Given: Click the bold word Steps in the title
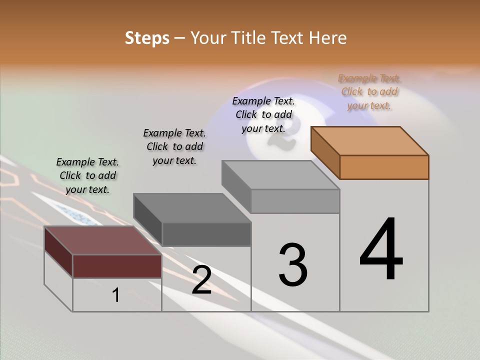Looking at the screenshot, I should pos(147,38).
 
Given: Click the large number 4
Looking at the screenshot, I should pos(381,250).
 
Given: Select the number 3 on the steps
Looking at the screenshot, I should pos(292,265).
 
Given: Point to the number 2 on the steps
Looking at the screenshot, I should pos(201,280).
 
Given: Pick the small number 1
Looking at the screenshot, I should pos(116,295).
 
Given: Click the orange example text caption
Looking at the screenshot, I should pos(369,92).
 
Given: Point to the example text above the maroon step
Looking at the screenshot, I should pos(87,175).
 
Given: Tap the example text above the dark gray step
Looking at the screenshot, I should pos(174,146).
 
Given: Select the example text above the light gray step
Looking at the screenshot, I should pos(263,114).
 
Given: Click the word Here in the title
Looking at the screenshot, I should pos(327,38).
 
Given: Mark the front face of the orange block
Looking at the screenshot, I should pos(384,167).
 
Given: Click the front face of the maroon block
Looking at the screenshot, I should pos(117,266).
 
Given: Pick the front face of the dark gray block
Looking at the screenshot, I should pos(206,234).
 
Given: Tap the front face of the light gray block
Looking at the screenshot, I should pos(295,201).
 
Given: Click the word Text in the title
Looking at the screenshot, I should pos(288,38).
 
